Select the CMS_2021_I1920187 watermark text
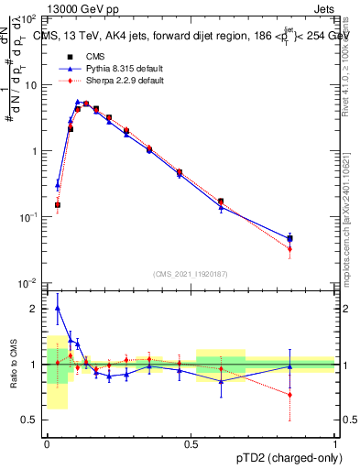[191, 273]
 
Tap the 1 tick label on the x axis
[335, 443]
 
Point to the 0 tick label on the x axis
[47, 443]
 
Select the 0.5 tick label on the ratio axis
[30, 420]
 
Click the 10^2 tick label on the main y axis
[29, 19]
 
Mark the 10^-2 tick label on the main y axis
[29, 283]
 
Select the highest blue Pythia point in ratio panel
[58, 308]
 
